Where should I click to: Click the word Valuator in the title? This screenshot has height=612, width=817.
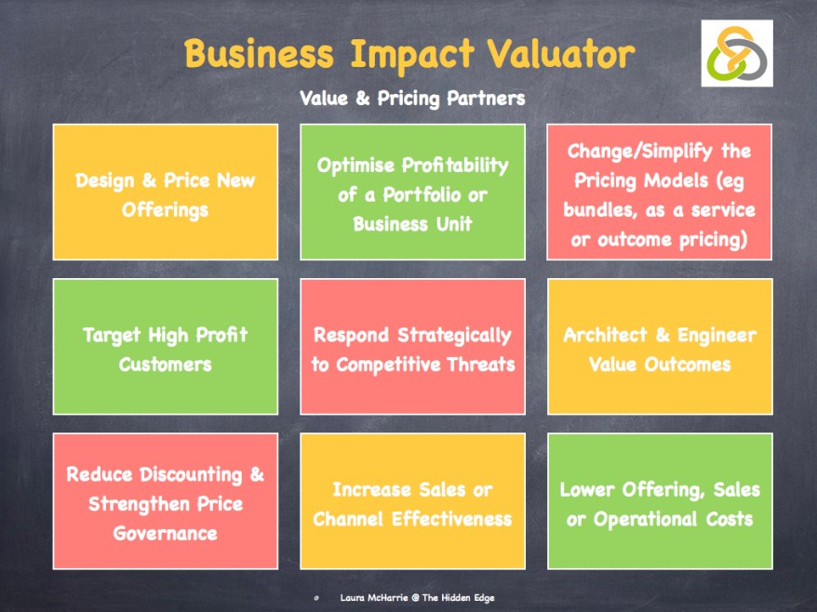tap(561, 54)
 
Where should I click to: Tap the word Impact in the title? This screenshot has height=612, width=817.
tap(411, 56)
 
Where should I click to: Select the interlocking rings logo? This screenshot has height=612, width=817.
tap(737, 53)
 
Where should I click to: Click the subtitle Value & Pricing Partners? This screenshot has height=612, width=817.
tap(412, 98)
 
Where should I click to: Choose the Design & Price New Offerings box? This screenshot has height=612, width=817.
tap(166, 192)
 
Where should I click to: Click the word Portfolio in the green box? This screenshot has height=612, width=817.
tap(422, 194)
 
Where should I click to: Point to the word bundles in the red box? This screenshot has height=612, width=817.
tap(597, 209)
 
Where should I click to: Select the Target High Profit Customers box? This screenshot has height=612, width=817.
tap(166, 346)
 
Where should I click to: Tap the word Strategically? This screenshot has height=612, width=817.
tap(454, 336)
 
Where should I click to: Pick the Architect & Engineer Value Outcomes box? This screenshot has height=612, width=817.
tap(660, 346)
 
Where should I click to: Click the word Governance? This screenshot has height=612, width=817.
tap(166, 533)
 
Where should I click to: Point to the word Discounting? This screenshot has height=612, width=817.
tap(191, 474)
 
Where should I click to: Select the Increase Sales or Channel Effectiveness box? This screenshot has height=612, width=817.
tap(412, 501)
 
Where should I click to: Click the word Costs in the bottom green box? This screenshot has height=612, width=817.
tap(730, 519)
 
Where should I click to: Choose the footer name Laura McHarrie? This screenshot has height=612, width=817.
tap(374, 597)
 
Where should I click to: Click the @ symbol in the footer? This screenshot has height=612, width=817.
tap(415, 598)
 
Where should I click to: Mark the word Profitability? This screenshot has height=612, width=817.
tap(455, 166)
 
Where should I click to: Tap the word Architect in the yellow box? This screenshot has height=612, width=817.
tap(605, 335)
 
